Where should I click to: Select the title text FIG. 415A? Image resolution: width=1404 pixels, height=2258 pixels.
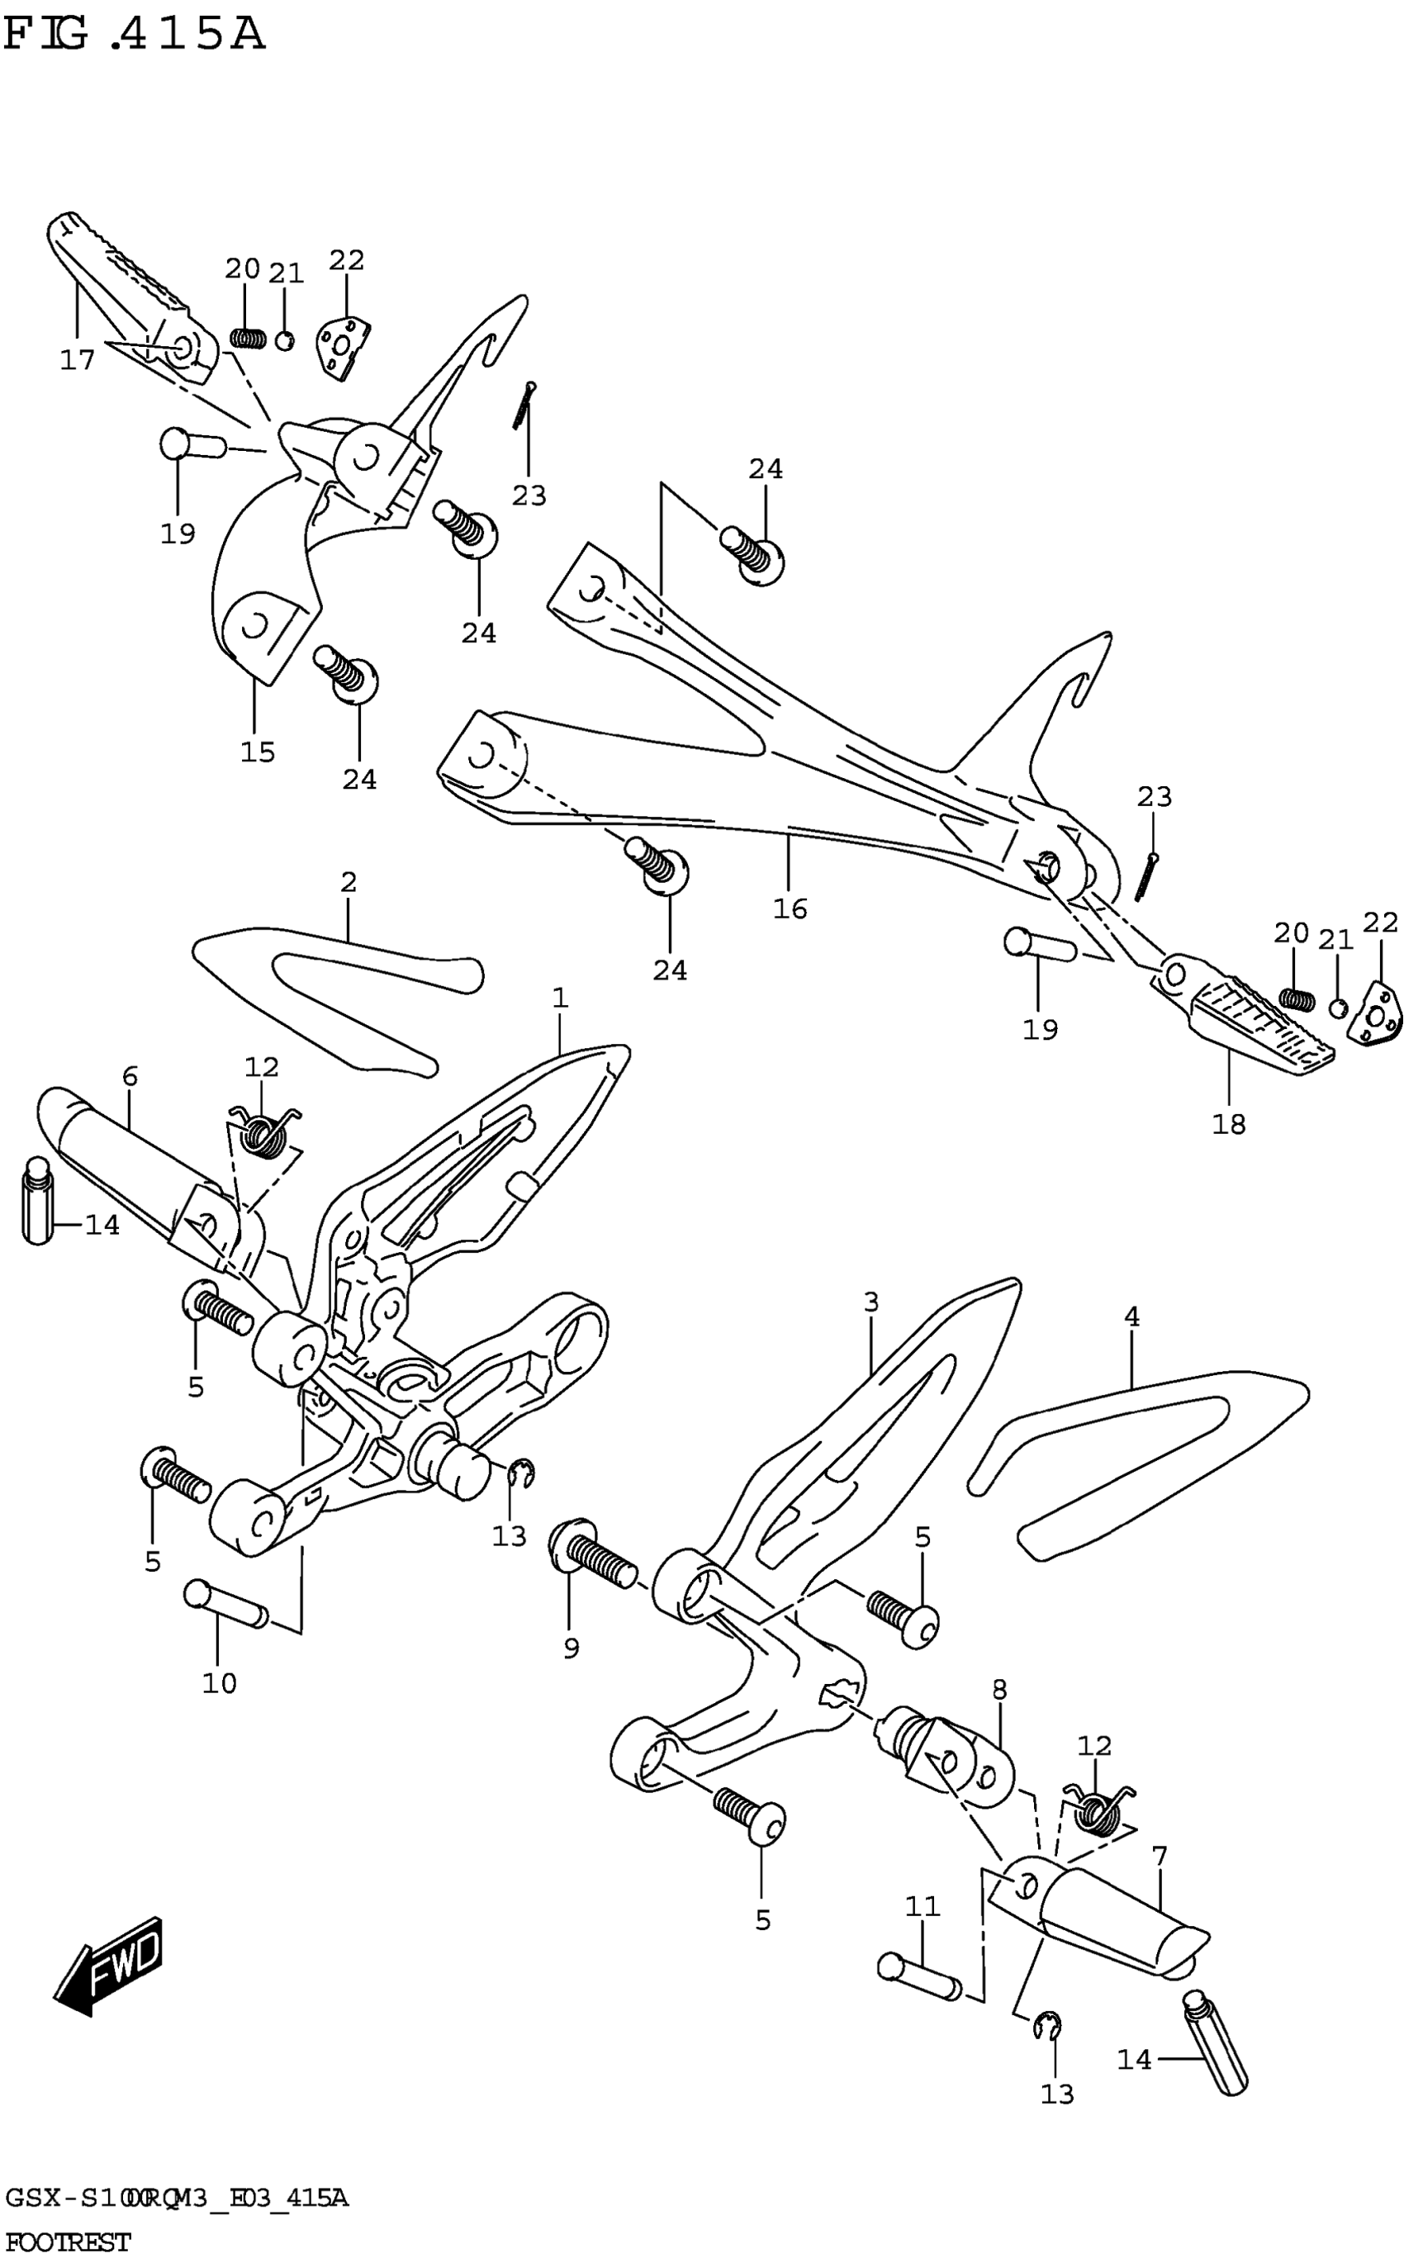134,36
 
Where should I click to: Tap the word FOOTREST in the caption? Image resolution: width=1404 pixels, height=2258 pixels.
67,2242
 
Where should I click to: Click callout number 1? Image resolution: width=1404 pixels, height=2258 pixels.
559,998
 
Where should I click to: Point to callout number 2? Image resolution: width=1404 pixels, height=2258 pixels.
349,882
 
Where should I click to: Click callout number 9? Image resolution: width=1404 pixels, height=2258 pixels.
571,1648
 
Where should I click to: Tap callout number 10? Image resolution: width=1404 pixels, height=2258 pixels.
219,1683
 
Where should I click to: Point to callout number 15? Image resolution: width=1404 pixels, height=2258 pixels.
259,752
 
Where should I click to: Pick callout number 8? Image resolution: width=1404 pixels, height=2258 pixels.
999,1689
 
